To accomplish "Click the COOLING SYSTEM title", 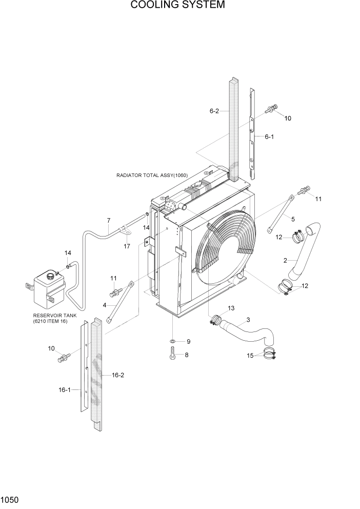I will [x=177, y=6].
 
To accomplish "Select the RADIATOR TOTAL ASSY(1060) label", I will [x=152, y=175].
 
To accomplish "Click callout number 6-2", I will [x=214, y=111].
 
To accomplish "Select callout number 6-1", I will [x=269, y=137].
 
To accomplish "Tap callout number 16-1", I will [x=65, y=390].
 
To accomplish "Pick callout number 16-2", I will [x=118, y=375].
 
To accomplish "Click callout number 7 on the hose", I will [x=109, y=221].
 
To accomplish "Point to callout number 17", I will [x=127, y=246].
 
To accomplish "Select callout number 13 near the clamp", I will [x=231, y=308].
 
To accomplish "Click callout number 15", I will [x=250, y=355].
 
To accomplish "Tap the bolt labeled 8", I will [x=173, y=355].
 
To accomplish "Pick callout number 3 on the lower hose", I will [x=248, y=320].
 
